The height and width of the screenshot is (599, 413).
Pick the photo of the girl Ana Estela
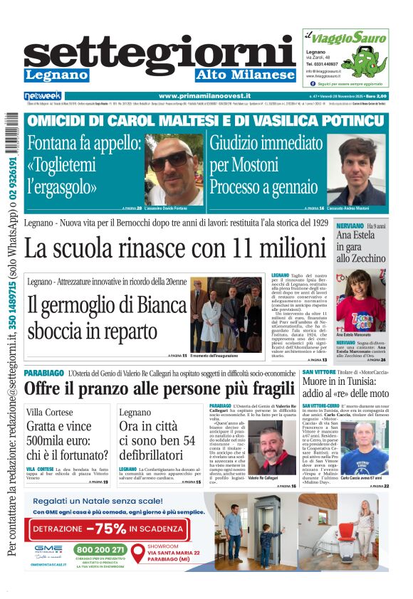click(x=360, y=301)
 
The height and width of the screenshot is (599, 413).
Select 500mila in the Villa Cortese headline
click(x=48, y=441)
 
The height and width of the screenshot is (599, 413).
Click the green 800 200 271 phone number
click(x=100, y=549)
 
